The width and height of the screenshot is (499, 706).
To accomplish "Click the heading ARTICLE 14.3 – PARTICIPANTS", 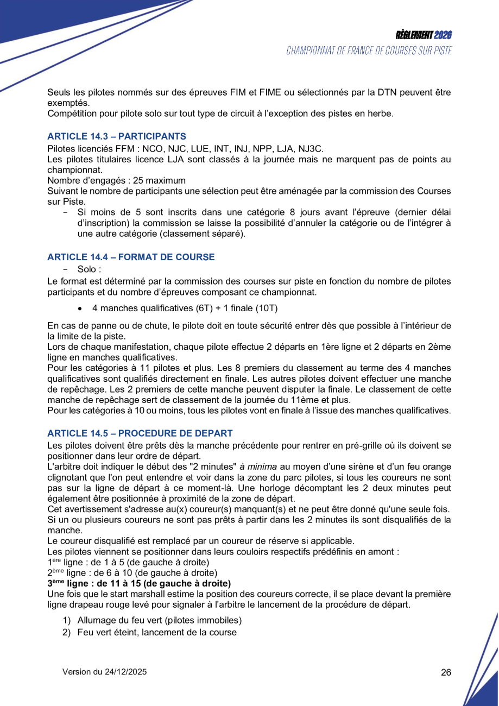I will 117,136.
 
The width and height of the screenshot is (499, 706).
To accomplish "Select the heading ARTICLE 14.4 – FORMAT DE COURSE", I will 131,257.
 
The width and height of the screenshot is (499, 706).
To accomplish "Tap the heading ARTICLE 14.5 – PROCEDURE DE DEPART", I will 140,433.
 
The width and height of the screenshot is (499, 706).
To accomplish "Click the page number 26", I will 446,672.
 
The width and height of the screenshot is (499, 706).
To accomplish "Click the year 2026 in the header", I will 443,35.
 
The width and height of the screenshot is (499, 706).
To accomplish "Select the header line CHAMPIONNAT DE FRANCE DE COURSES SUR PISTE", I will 369,51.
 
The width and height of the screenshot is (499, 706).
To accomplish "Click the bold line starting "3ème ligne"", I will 139,583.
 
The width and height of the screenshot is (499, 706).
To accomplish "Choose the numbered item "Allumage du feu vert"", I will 160,620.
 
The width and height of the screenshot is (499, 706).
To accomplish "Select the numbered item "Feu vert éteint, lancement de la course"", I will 157,632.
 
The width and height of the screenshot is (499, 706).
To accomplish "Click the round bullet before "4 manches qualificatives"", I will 80,308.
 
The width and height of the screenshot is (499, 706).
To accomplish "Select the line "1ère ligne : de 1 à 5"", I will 128,562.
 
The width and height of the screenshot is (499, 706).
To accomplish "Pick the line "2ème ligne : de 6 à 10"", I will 132,573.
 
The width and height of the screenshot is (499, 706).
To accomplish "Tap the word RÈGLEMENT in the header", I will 414,35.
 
